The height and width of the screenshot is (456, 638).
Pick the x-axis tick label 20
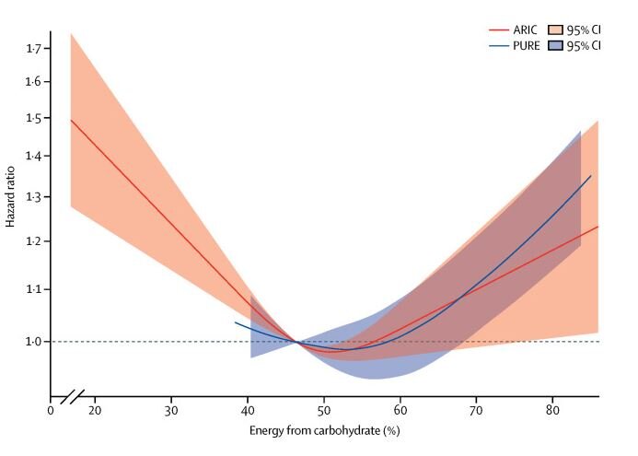pos(94,410)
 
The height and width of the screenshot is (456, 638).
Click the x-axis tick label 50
pos(323,410)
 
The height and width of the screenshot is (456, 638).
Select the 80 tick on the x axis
pos(552,410)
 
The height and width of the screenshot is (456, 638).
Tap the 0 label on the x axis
pos(51,410)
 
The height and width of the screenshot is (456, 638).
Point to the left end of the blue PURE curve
pos(236,322)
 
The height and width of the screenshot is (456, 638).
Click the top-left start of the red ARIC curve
pos(71,120)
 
